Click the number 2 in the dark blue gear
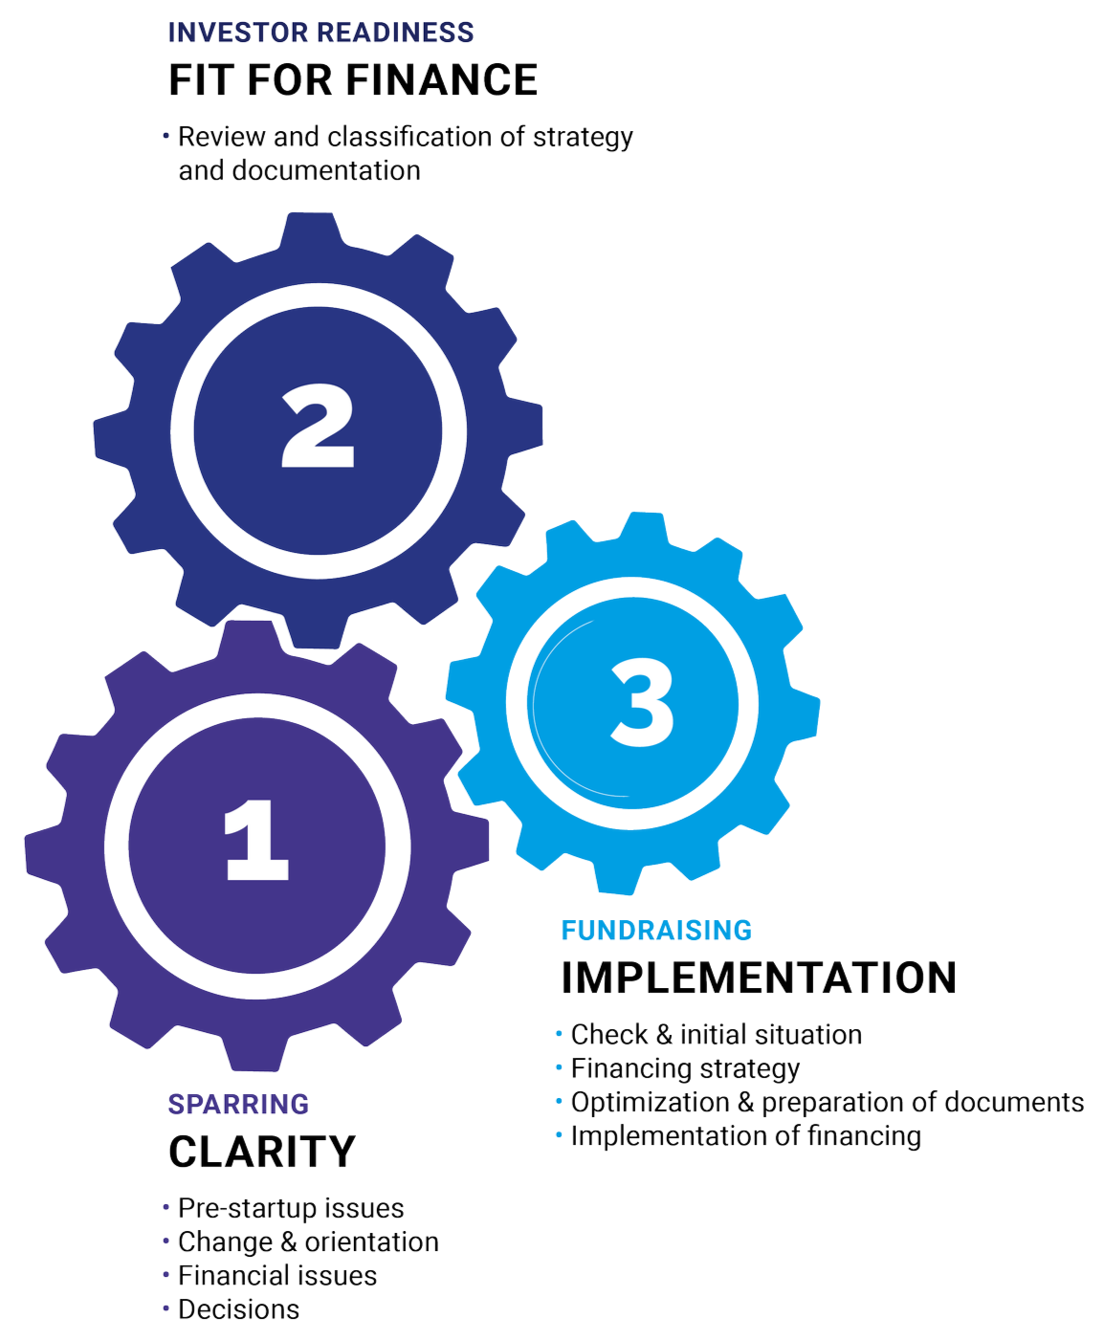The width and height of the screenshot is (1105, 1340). point(319,428)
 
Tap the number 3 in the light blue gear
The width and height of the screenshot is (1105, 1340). point(642,706)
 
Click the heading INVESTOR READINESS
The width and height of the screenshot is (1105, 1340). point(320,33)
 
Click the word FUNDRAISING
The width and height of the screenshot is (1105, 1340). point(656,930)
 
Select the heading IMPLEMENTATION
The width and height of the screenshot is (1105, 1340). point(759,977)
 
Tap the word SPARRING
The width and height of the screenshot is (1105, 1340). point(238,1104)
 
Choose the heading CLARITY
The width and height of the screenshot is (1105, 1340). point(261,1151)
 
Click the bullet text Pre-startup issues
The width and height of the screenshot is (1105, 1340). point(291,1208)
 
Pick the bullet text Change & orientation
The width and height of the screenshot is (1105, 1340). point(308,1241)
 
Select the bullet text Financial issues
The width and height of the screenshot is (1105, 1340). point(277,1275)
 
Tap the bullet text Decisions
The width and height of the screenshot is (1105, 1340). point(239,1309)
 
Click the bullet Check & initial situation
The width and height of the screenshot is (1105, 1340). point(717,1034)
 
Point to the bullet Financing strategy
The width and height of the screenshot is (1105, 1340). point(685,1067)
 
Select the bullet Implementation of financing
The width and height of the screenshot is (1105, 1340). point(745,1135)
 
